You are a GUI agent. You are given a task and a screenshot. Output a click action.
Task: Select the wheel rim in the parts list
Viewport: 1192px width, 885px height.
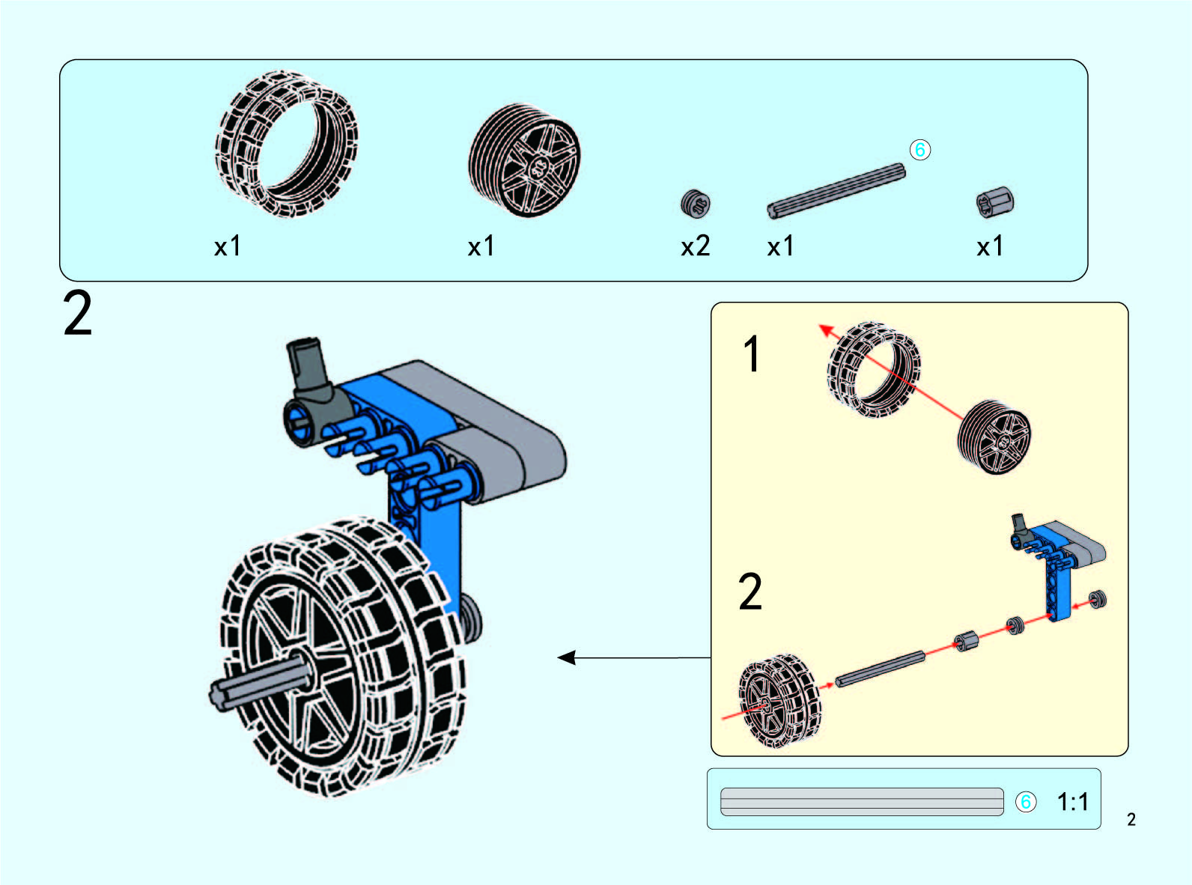[x=524, y=160]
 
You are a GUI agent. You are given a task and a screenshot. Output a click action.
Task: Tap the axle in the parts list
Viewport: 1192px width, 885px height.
[x=836, y=192]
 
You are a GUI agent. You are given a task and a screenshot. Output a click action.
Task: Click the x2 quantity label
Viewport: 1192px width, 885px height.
[x=695, y=246]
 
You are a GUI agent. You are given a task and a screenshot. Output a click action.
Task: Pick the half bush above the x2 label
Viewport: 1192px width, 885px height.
[x=696, y=203]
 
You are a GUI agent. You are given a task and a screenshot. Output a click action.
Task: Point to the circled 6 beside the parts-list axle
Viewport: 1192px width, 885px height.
[x=919, y=150]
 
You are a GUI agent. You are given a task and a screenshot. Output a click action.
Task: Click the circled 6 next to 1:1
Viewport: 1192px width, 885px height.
[x=1025, y=802]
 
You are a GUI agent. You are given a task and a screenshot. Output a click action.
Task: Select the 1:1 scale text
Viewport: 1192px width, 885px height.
[x=1072, y=802]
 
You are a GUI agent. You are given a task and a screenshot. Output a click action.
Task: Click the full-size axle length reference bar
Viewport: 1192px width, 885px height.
[x=861, y=802]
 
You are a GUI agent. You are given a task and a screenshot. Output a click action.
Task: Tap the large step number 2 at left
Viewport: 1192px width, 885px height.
[x=78, y=314]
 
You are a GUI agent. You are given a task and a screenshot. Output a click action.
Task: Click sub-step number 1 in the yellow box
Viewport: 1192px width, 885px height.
[x=752, y=354]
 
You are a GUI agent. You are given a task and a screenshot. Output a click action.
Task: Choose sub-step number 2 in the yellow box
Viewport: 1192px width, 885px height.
[x=750, y=591]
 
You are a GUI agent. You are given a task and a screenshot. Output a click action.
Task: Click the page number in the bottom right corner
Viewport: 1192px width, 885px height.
[x=1131, y=820]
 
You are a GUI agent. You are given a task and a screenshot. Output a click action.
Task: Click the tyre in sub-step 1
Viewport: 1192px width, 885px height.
[x=872, y=370]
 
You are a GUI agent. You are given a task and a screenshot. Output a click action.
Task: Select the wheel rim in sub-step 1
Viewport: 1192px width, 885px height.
[x=994, y=437]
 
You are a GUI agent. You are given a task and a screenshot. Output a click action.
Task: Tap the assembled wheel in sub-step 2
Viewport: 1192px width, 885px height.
[x=779, y=701]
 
